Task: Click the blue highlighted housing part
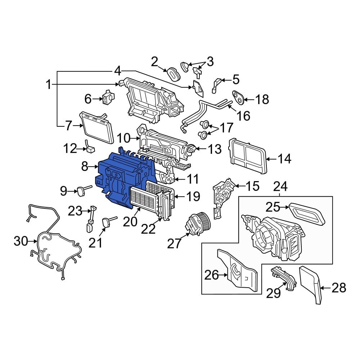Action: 122,177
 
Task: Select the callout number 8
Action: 85,166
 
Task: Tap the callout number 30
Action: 21,241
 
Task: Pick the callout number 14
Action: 284,159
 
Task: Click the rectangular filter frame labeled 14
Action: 248,156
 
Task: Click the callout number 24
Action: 280,186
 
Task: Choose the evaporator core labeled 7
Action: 96,127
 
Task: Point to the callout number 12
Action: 70,148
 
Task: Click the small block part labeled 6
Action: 108,97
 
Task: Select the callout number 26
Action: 211,275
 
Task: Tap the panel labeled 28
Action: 311,285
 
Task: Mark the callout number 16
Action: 243,116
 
